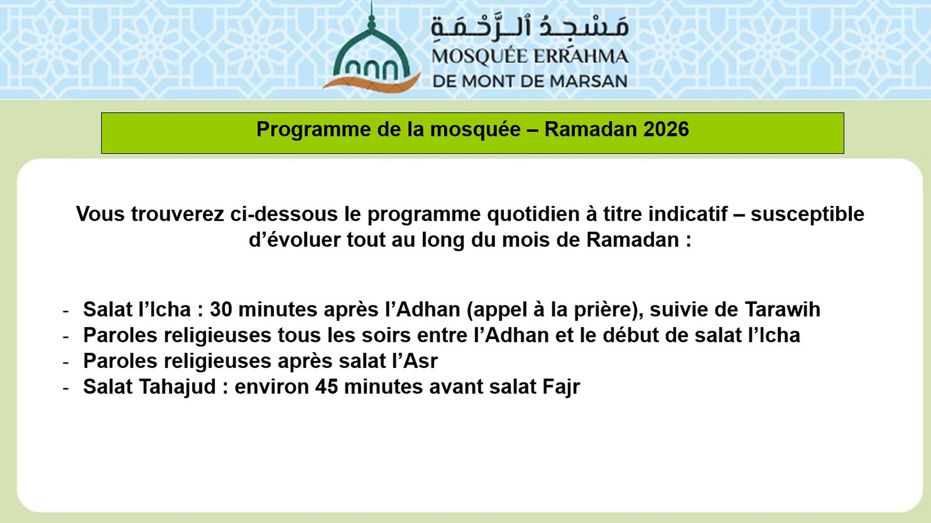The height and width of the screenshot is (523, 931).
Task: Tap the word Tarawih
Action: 782,309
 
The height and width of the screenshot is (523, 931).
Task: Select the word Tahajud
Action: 177,387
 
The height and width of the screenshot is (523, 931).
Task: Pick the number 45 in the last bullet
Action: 326,387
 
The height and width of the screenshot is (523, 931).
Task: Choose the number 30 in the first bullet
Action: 221,309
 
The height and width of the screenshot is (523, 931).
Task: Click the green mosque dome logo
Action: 371,53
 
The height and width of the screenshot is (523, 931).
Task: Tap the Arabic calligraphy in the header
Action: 530,27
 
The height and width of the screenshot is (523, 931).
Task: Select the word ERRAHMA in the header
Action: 581,57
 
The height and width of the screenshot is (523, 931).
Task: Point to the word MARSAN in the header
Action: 588,81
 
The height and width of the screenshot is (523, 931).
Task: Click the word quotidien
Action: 533,214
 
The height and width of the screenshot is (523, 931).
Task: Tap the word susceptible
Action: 807,214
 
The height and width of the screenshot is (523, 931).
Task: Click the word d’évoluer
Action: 294,240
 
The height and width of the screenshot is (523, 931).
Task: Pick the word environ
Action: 272,387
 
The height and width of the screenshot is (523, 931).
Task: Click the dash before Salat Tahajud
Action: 66,388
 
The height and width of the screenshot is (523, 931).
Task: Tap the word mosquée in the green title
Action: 475,129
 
